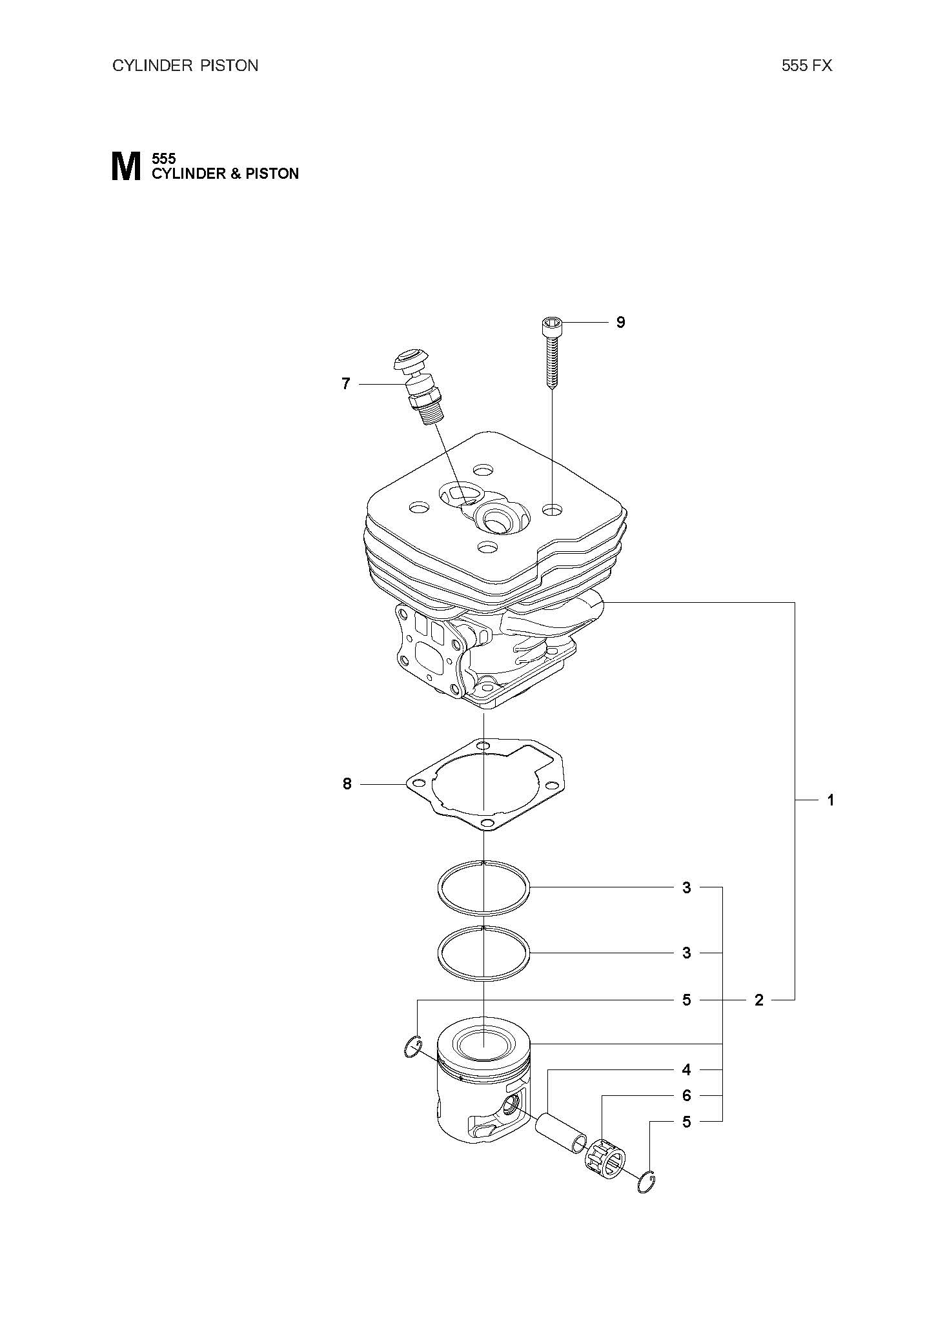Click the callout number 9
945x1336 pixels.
tap(620, 322)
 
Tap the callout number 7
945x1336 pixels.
tap(346, 384)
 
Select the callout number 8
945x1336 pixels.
tap(347, 784)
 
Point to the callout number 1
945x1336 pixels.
tap(831, 800)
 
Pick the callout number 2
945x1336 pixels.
tap(759, 1000)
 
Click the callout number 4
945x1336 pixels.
tap(687, 1070)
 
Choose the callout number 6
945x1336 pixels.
tap(687, 1096)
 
